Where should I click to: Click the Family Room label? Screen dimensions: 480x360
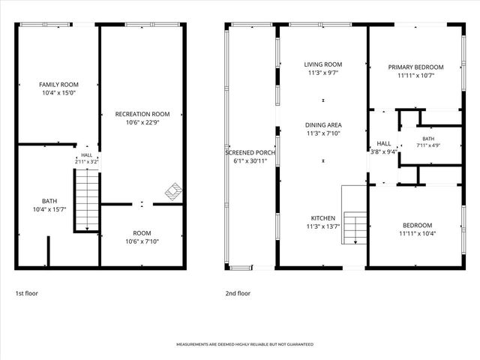tap(58, 85)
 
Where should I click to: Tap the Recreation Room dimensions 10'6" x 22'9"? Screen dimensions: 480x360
tap(142, 122)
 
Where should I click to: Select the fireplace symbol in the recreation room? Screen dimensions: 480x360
tap(173, 192)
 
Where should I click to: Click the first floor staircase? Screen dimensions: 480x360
tap(87, 200)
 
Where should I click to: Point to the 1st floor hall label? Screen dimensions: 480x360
tap(87, 155)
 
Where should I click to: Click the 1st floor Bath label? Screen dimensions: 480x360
tap(49, 201)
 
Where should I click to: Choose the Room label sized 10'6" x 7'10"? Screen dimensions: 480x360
tap(142, 233)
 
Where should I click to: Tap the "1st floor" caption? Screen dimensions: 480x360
tap(27, 293)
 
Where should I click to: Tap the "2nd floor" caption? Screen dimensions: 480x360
tap(238, 293)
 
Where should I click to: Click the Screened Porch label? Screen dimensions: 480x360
tap(250, 152)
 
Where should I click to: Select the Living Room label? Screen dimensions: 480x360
tap(323, 64)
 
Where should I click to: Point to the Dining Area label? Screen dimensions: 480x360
tap(323, 125)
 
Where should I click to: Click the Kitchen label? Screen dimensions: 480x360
tap(323, 218)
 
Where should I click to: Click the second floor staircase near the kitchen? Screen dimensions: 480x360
tap(355, 228)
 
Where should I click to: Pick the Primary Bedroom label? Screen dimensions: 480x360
tap(415, 67)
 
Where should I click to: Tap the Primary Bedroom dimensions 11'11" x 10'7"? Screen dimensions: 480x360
tap(415, 75)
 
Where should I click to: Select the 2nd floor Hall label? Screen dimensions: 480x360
tap(383, 143)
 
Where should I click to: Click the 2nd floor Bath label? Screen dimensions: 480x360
tap(428, 139)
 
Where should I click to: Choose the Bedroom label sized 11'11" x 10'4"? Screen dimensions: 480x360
tap(417, 225)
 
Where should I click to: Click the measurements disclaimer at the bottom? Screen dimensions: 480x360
tap(245, 344)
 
